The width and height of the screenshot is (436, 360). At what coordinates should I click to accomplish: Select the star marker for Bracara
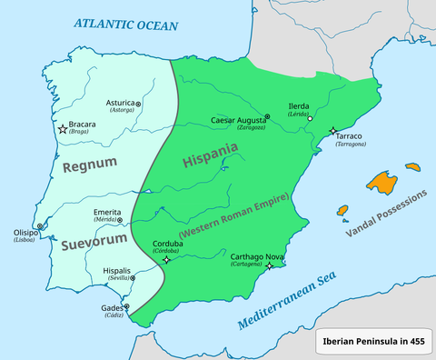(63, 130)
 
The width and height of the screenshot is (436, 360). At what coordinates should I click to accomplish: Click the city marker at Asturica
(138, 105)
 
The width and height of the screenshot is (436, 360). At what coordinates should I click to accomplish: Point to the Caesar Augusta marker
(266, 117)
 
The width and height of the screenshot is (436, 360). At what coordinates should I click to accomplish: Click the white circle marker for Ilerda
(310, 119)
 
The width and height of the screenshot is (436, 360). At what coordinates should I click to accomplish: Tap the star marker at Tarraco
(333, 132)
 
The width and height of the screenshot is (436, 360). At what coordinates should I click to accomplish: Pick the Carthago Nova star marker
(269, 267)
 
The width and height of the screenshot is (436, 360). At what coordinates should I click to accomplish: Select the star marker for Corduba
(166, 260)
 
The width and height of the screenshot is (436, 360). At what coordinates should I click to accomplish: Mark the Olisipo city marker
(39, 227)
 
